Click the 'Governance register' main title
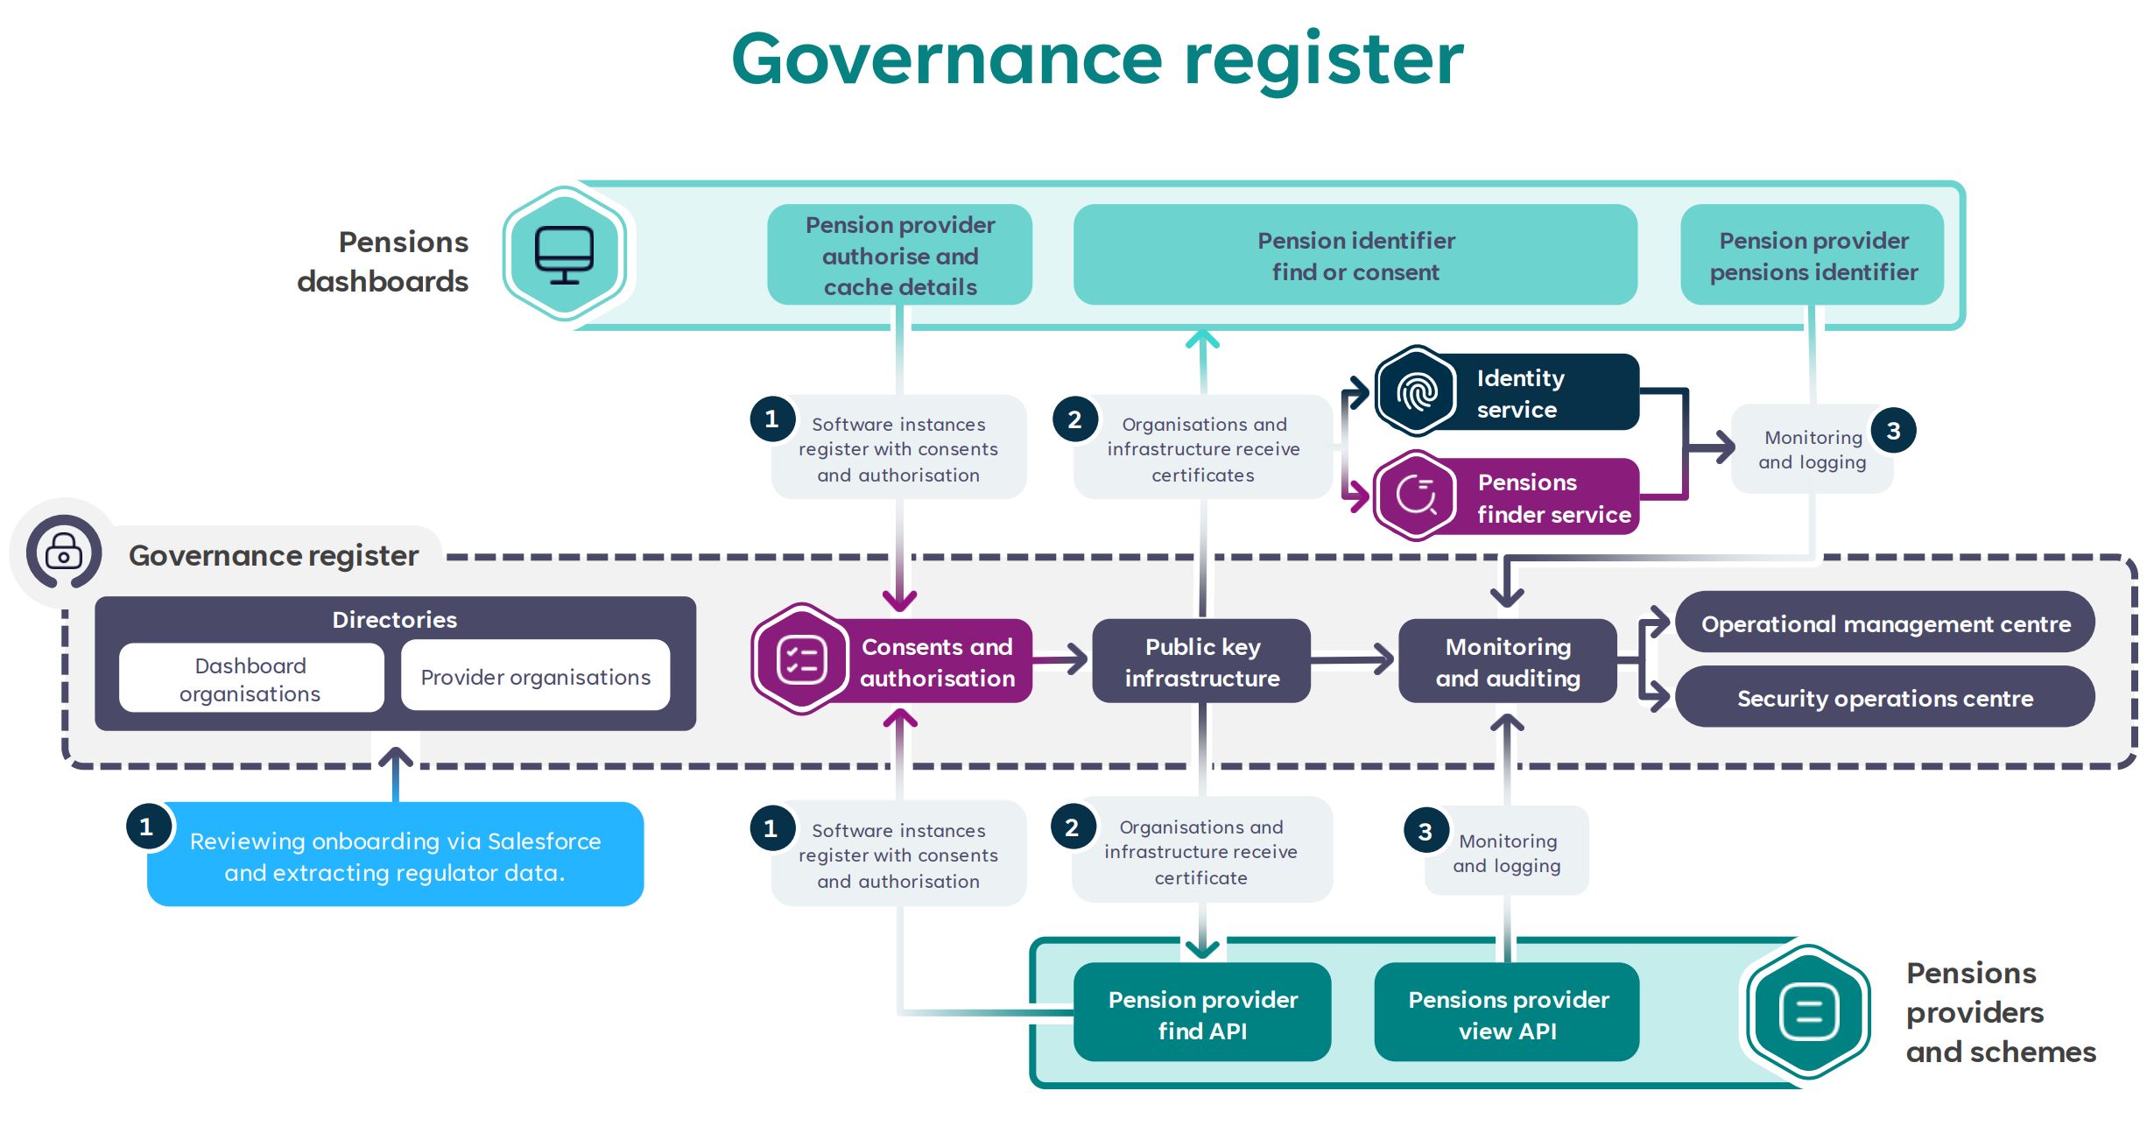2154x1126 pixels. tap(1096, 60)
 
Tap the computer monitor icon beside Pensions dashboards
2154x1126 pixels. tap(564, 255)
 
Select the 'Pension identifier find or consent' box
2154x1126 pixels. tap(1355, 256)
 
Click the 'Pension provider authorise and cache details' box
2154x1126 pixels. tap(899, 256)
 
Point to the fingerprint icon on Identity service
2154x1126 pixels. tap(1416, 391)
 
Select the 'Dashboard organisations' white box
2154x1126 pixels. tap(250, 679)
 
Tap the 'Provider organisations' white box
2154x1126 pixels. tap(535, 677)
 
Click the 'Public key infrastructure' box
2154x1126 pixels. tap(1201, 662)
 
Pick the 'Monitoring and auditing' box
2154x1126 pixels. tap(1507, 662)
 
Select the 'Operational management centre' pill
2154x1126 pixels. tap(1884, 623)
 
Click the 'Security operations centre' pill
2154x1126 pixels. tap(1884, 698)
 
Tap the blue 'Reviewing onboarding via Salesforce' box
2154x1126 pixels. tap(395, 855)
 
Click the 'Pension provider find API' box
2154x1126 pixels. tap(1202, 1014)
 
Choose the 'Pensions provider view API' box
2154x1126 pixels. tap(1507, 1014)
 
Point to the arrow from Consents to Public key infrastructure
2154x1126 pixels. tap(1061, 659)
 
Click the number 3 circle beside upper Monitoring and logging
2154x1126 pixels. tap(1893, 431)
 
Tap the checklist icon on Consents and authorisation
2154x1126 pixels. tap(801, 659)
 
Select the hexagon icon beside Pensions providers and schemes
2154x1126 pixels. tap(1808, 1013)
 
